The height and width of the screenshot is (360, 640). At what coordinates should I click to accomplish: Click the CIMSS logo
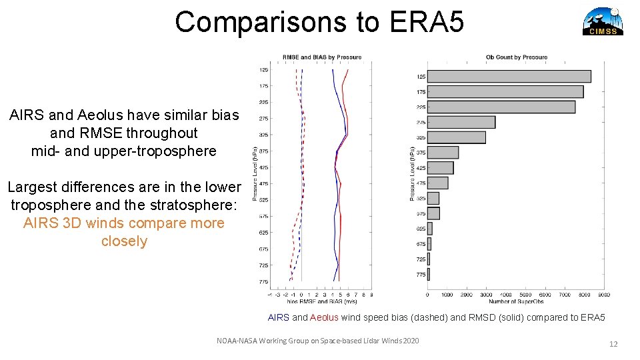pos(603,21)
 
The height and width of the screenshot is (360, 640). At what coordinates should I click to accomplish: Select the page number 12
pos(613,344)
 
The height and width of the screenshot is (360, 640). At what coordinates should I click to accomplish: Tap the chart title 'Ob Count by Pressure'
pos(516,57)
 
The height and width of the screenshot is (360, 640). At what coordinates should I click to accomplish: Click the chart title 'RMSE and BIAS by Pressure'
pos(322,57)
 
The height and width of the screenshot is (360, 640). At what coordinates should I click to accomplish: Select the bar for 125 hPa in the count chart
pos(509,77)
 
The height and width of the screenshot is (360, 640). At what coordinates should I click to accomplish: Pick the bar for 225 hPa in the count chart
pos(501,107)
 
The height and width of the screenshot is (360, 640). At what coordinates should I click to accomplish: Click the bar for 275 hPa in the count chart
pos(461,122)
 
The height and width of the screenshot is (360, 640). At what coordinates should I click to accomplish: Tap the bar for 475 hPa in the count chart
pos(437,183)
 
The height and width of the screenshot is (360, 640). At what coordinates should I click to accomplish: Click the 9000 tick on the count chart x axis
pos(603,294)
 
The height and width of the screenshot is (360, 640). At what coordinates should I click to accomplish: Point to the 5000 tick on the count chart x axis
pos(525,294)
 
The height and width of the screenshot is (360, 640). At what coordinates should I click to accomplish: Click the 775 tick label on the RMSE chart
pos(263,281)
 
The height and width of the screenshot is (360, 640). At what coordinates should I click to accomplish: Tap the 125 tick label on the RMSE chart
pos(263,69)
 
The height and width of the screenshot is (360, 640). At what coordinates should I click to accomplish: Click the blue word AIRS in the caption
pos(278,317)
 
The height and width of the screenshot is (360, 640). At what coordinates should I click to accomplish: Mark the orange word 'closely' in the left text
pos(124,241)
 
